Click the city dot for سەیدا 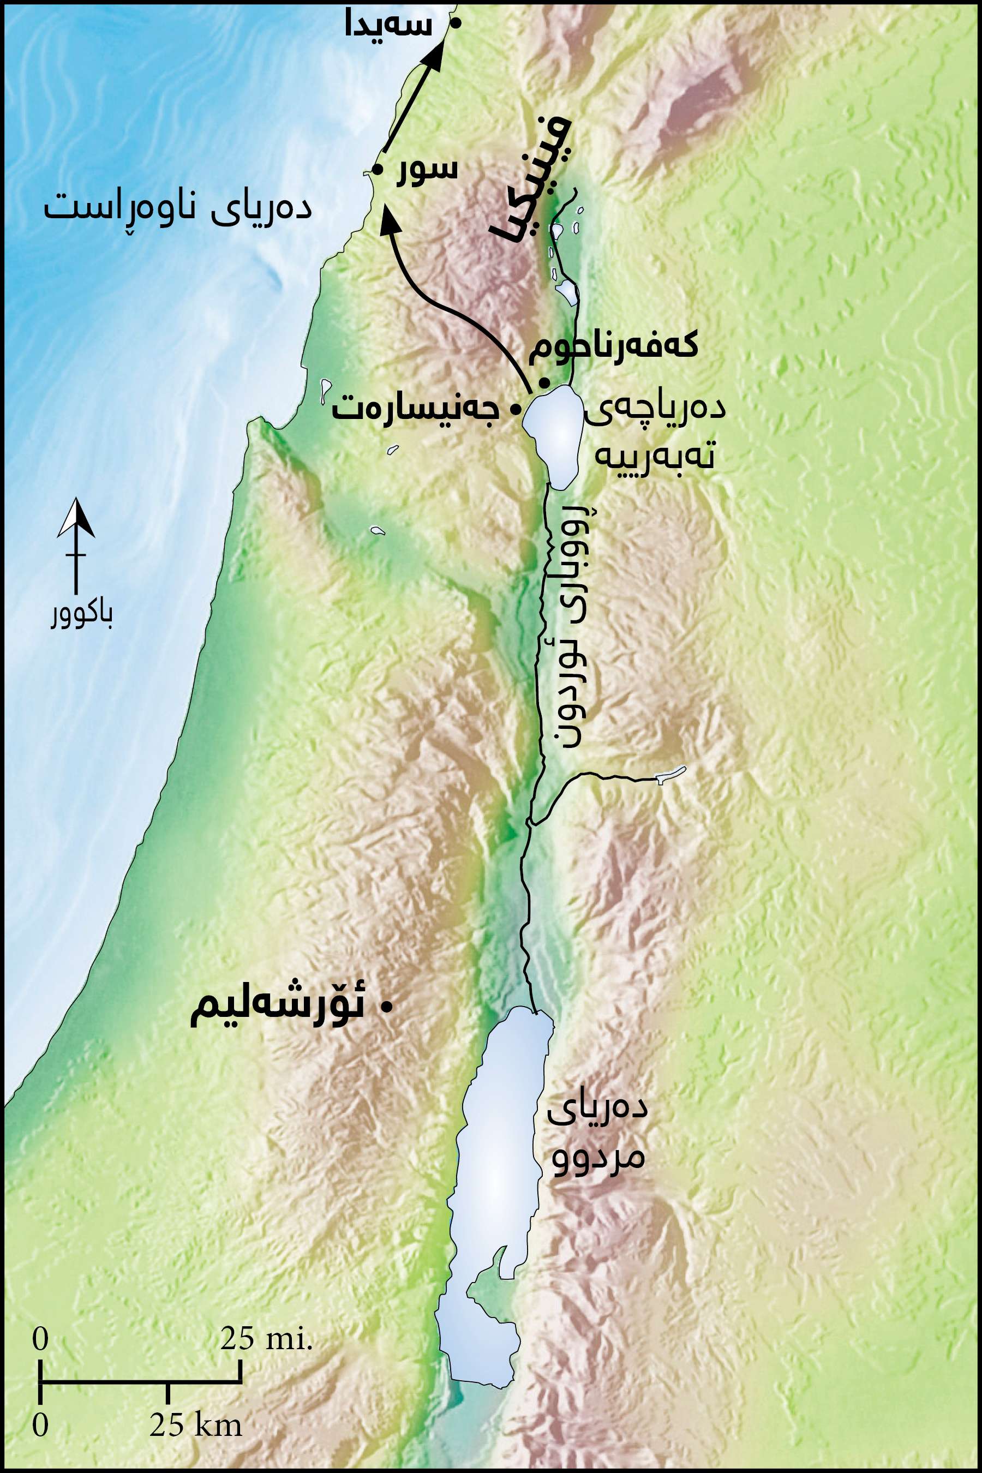coord(457,23)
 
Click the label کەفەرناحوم coord(613,348)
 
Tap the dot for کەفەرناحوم coord(545,382)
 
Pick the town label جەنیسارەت coord(415,410)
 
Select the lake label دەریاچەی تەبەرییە coord(655,433)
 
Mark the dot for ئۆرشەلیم coord(387,1007)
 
